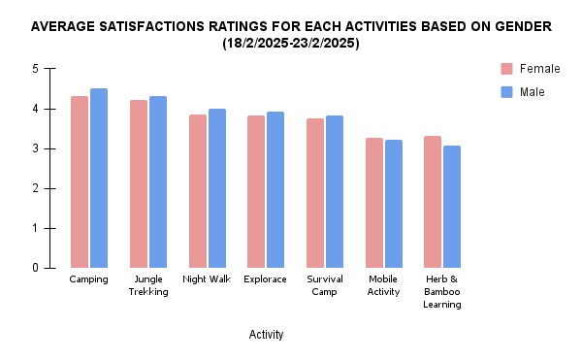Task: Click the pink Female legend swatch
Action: [506, 68]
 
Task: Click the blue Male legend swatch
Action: [506, 91]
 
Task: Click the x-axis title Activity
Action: [266, 335]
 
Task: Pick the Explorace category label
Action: [266, 279]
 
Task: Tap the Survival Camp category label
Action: [325, 285]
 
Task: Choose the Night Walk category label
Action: [207, 279]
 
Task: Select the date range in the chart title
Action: [291, 44]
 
